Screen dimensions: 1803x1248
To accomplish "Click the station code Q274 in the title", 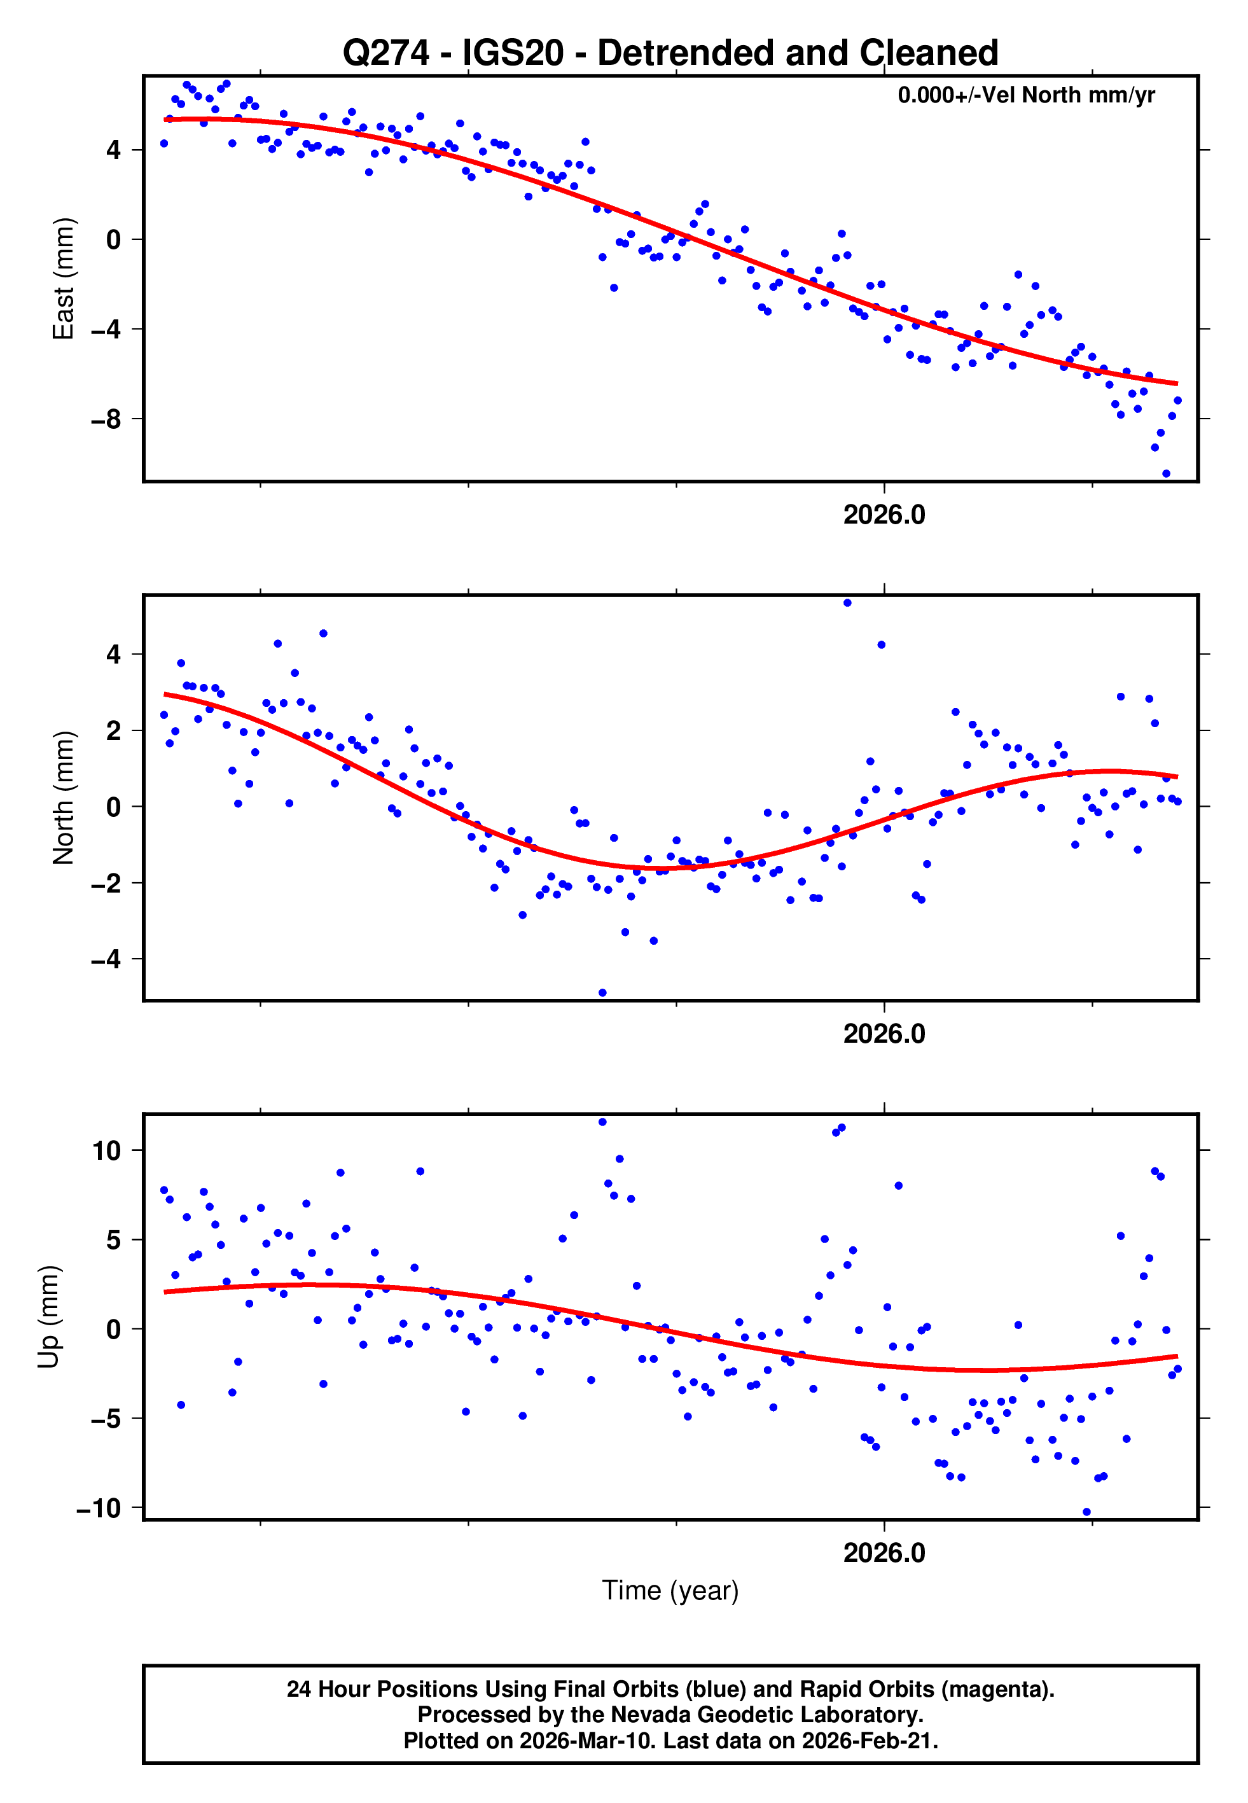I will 386,53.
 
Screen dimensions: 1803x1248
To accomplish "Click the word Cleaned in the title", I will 930,53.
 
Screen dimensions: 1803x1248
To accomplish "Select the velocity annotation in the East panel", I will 1026,95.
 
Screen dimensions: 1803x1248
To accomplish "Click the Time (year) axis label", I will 670,1591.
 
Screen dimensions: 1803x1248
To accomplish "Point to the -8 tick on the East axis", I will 106,420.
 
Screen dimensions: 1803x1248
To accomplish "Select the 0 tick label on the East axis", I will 114,240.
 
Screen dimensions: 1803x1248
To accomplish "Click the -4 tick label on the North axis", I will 106,959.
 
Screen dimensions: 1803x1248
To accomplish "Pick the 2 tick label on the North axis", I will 114,731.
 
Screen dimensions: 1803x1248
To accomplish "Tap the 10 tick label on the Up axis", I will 106,1151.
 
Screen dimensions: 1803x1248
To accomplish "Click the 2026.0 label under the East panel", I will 884,515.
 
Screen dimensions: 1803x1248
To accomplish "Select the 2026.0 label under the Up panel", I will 884,1553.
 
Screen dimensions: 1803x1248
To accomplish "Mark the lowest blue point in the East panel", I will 1166,474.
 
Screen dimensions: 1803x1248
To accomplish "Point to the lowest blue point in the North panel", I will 602,993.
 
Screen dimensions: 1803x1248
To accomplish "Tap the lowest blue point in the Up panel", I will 1086,1512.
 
